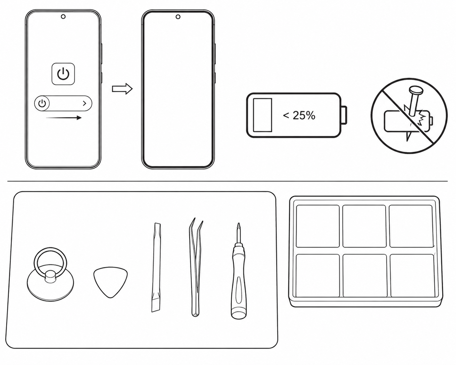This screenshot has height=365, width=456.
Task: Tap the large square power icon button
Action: click(x=63, y=74)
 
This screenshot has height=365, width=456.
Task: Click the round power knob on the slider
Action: click(x=42, y=103)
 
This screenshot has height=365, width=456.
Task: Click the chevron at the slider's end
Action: click(x=85, y=103)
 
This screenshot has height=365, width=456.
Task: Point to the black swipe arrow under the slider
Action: click(x=63, y=118)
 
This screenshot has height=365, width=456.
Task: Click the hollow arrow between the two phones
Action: click(x=122, y=88)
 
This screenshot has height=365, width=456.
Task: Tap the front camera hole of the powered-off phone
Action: click(x=178, y=17)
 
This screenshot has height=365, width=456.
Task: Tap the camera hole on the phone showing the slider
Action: click(x=63, y=17)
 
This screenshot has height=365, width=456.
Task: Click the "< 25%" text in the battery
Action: click(x=299, y=115)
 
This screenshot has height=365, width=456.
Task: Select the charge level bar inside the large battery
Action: click(x=262, y=115)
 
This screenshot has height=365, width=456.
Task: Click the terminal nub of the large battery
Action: click(x=344, y=115)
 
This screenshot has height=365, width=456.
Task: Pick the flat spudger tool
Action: click(x=156, y=267)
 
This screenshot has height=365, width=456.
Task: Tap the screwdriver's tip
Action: click(x=239, y=224)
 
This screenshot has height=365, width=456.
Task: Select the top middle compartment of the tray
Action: click(x=364, y=226)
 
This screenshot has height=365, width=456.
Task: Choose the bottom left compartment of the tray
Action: click(x=318, y=275)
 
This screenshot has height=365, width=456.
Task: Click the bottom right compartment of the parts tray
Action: click(x=412, y=275)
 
